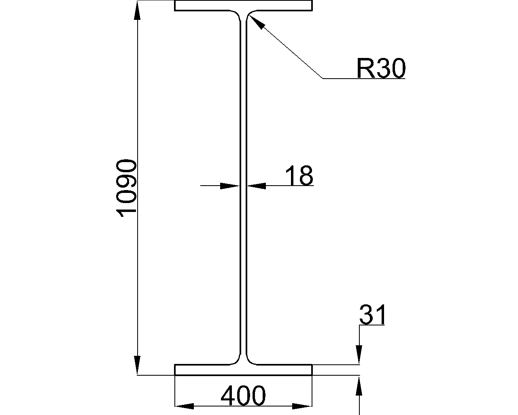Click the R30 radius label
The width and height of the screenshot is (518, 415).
[380, 68]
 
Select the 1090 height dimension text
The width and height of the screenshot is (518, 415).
[126, 188]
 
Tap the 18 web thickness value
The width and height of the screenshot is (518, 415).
[299, 176]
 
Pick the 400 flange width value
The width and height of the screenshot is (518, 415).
[243, 396]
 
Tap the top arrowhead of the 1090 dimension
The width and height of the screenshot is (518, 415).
[138, 12]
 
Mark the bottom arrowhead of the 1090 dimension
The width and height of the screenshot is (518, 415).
[138, 365]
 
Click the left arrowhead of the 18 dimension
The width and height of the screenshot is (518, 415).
[229, 186]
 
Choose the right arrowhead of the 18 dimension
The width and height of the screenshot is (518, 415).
[257, 186]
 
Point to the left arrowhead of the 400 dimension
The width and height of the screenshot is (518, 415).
[185, 406]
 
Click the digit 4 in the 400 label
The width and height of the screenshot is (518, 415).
[229, 396]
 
